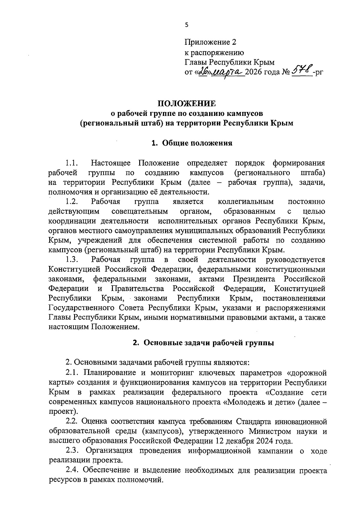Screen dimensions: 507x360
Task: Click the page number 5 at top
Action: click(187, 25)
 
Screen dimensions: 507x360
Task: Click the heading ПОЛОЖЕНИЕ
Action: click(187, 104)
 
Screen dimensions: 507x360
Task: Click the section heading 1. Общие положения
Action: click(192, 143)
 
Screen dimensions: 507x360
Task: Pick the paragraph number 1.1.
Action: click(72, 163)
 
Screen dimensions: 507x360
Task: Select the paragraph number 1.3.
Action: click(72, 260)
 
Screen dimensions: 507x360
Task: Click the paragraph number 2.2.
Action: click(72, 422)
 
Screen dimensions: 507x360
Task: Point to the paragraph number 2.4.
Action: click(72, 470)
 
